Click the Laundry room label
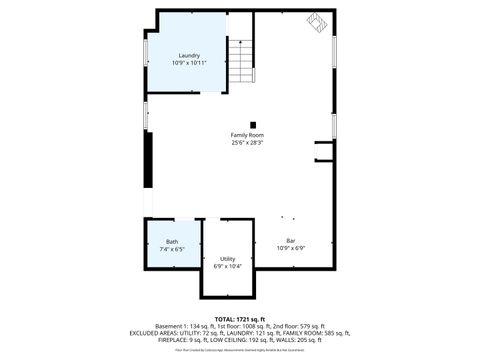189,55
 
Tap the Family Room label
247,134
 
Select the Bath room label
172,241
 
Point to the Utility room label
228,258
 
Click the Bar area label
291,240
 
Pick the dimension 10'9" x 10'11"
189,63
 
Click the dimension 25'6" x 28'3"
247,142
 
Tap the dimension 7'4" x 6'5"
172,249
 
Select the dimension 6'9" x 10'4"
228,266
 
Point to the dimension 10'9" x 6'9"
291,248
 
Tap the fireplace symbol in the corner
317,22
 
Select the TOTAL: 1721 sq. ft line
240,319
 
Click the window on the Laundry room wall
146,50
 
